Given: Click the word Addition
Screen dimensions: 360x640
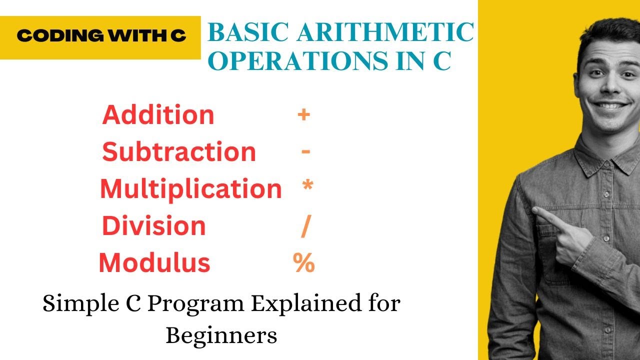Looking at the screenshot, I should click(x=158, y=115).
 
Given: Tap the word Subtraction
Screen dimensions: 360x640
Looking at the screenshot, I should click(x=179, y=152).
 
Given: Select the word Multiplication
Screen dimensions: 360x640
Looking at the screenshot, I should click(x=190, y=189).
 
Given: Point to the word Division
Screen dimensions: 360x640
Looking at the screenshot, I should click(x=154, y=226).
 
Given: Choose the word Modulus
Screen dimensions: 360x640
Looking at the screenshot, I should click(x=154, y=263).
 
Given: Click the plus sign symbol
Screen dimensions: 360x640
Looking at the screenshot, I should click(x=303, y=115).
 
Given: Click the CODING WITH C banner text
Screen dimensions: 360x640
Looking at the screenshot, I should click(x=101, y=36).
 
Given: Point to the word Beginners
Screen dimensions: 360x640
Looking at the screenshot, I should click(x=221, y=335).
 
